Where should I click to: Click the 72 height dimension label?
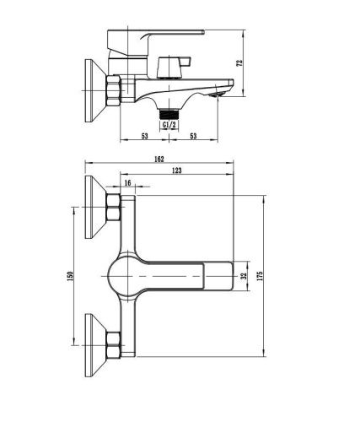(x=239, y=62)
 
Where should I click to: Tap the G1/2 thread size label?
(x=169, y=125)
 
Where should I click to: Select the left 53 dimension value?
(x=144, y=136)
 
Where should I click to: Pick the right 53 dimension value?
(x=193, y=136)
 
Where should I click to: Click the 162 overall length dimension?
(x=159, y=160)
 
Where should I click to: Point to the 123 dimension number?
(x=176, y=170)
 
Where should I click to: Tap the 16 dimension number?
(x=127, y=183)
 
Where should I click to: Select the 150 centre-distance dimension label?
(x=70, y=276)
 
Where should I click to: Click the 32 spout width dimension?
(x=244, y=276)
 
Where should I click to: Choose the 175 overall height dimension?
(x=260, y=276)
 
